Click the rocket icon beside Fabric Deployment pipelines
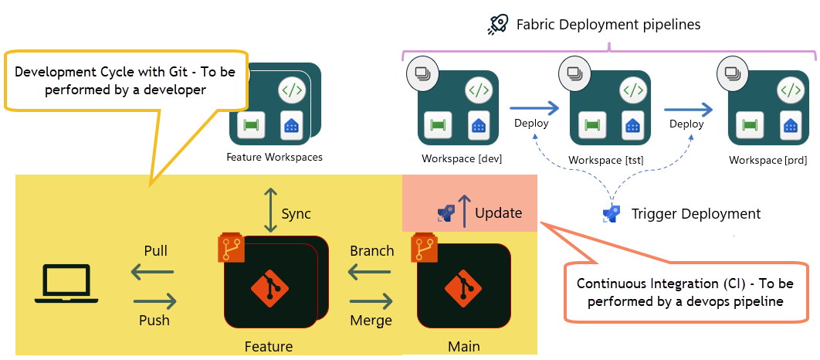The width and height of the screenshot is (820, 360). tap(498, 25)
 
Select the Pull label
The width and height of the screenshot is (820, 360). tap(156, 251)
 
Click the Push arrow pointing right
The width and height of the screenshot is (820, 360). tap(155, 301)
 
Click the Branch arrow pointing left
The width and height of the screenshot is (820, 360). tap(371, 271)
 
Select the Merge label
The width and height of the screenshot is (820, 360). tap(371, 320)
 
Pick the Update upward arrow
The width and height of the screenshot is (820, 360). tap(465, 211)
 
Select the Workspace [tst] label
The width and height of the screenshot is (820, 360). tap(606, 160)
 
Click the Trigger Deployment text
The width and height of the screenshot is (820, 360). tap(696, 214)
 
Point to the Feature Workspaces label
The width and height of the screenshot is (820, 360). tap(274, 157)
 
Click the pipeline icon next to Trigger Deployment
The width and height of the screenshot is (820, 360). tap(612, 213)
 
